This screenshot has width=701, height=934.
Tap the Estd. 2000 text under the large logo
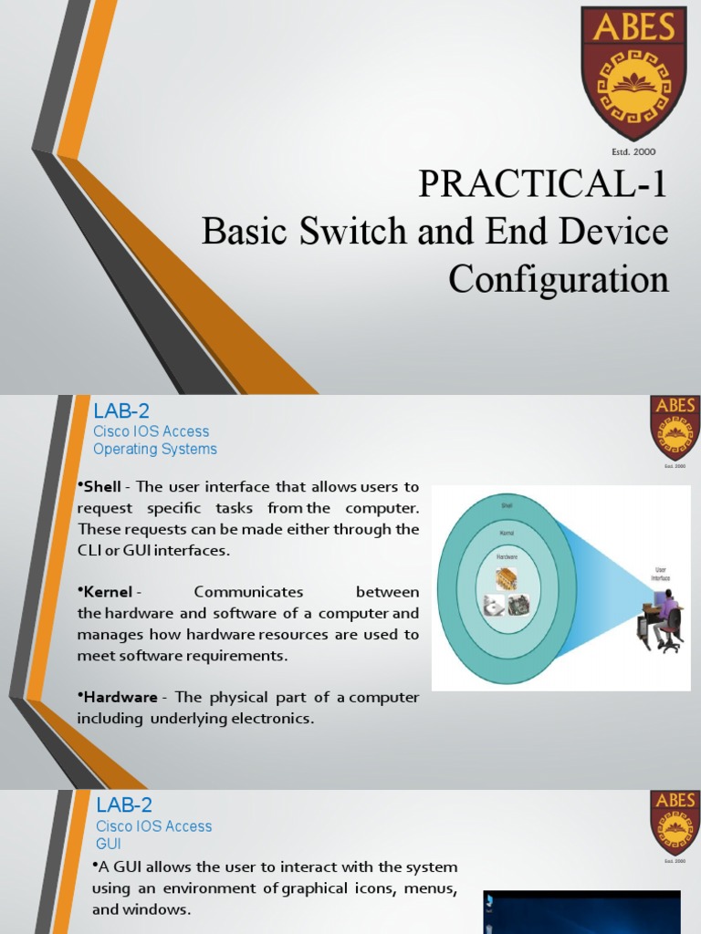tap(633, 151)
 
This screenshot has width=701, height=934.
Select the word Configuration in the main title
tap(559, 279)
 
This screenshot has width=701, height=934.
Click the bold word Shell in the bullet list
tap(102, 487)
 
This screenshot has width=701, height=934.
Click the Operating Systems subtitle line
tap(155, 449)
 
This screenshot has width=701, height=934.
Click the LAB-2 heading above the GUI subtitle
tap(124, 804)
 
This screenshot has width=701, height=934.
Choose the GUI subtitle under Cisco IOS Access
tap(109, 844)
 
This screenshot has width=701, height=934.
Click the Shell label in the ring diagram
tap(507, 503)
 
